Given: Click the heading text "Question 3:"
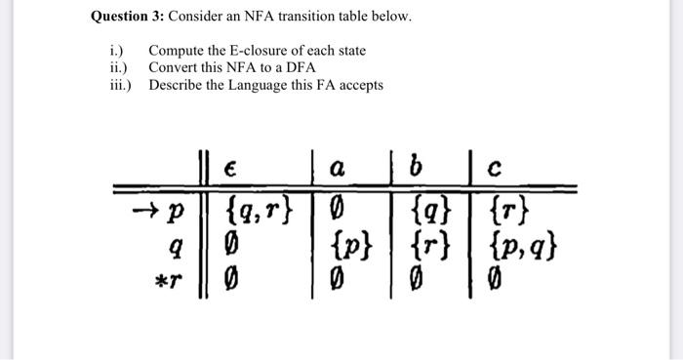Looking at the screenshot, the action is (x=127, y=17).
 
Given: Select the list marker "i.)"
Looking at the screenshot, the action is (x=115, y=50).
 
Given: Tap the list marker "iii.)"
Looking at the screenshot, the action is (x=121, y=85).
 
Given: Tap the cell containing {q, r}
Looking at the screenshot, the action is (x=259, y=206).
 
